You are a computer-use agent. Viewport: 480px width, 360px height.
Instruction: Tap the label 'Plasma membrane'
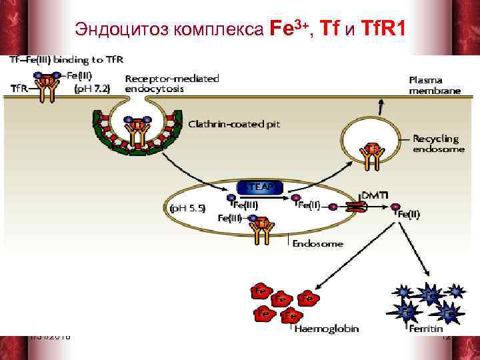pyautogui.click(x=434, y=84)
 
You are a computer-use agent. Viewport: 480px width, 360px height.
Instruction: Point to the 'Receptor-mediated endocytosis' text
pyautogui.click(x=171, y=84)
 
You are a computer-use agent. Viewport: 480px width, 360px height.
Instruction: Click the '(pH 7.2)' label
pyautogui.click(x=91, y=88)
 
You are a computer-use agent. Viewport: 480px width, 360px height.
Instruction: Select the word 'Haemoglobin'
pyautogui.click(x=326, y=328)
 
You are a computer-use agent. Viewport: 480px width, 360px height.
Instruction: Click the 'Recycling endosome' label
pyautogui.click(x=436, y=144)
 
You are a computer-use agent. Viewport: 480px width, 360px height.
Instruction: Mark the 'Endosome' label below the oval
pyautogui.click(x=318, y=243)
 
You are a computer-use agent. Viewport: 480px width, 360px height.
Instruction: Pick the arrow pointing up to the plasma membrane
pyautogui.click(x=381, y=106)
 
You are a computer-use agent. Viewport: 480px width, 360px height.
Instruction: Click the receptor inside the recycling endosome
pyautogui.click(x=373, y=155)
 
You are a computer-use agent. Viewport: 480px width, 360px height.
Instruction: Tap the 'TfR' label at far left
pyautogui.click(x=21, y=87)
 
